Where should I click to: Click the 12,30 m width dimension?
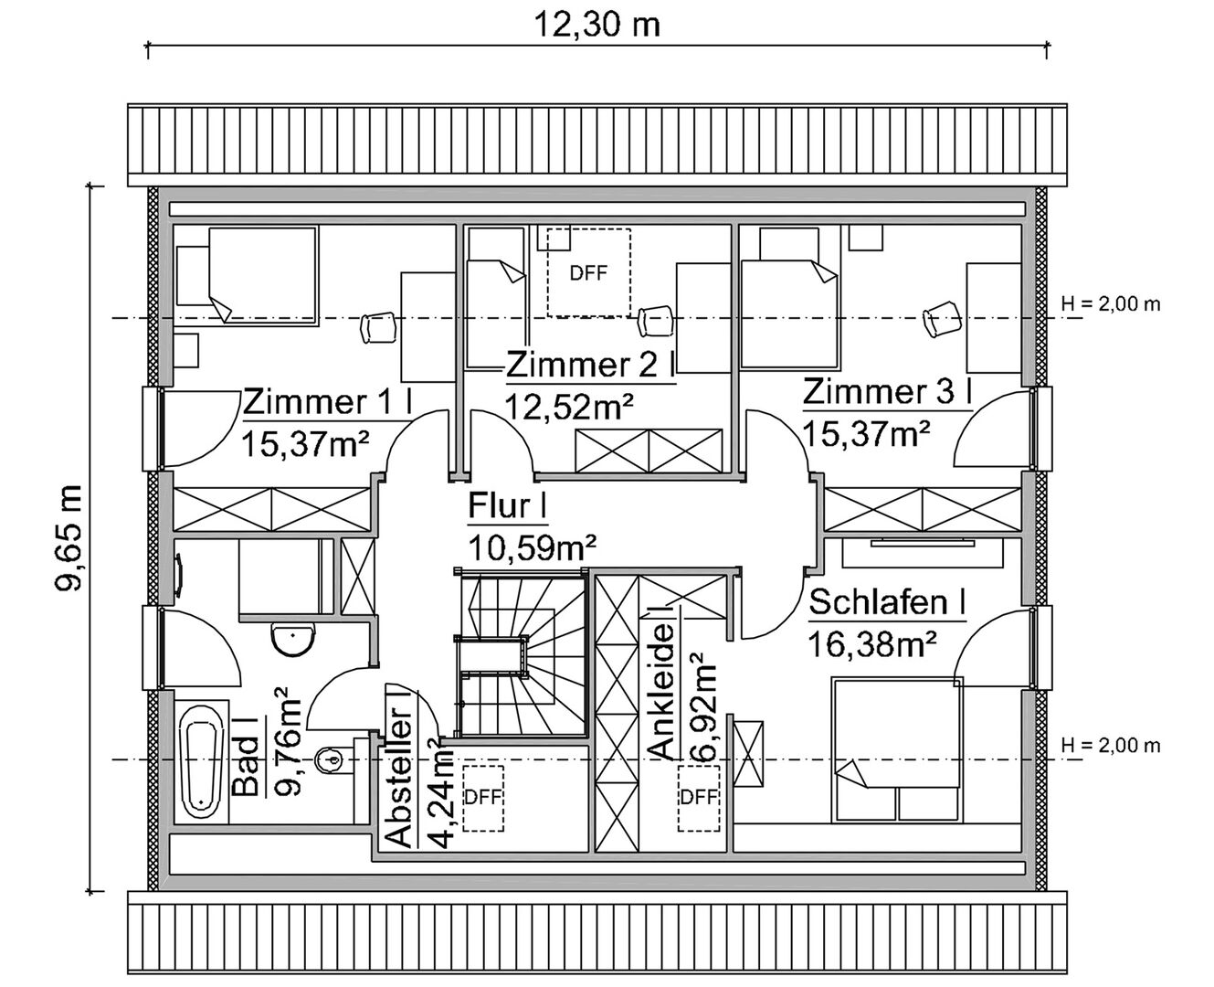coord(597,25)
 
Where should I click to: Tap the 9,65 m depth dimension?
coord(69,538)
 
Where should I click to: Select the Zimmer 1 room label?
coord(328,402)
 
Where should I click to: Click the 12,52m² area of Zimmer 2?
coord(569,407)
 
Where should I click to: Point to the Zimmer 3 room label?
coord(887,392)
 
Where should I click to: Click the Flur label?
coord(507,505)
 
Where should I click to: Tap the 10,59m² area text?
coord(533,548)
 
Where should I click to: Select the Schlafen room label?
coord(887,602)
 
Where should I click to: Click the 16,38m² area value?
coord(872,645)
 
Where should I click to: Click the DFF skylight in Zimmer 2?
coord(589,272)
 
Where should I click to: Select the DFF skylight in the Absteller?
coord(482,798)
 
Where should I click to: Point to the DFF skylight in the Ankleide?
coord(698,798)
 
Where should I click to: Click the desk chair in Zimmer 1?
coord(378,328)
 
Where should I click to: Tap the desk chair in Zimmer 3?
coord(942,319)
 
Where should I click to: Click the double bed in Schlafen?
coord(897,749)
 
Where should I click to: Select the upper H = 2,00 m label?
coord(1110,304)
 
